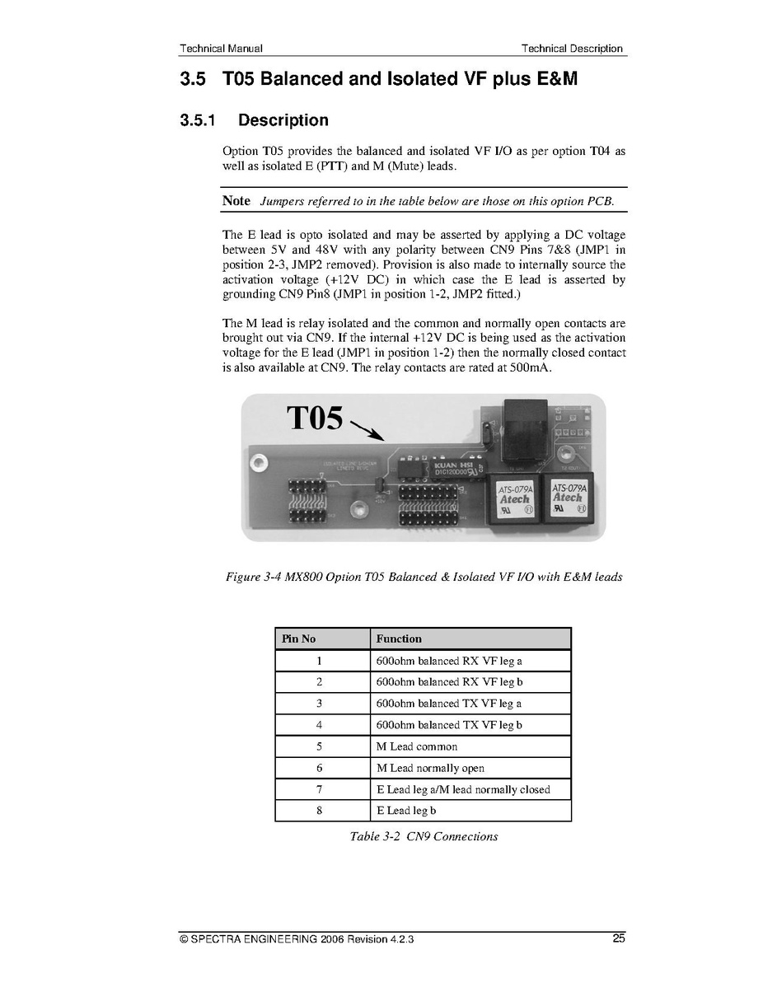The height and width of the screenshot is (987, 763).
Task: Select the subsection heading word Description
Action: tap(283, 120)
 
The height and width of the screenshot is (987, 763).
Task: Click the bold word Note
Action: tap(236, 201)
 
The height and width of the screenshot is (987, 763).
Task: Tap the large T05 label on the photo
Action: tap(315, 418)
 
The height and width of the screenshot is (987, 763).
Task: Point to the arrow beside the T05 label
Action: tap(367, 431)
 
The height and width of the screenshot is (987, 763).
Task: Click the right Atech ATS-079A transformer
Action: tap(568, 498)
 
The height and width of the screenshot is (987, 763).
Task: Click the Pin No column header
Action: tap(299, 639)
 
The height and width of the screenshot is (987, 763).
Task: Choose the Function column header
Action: tap(399, 639)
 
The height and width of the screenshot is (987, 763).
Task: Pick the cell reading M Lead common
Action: tap(417, 746)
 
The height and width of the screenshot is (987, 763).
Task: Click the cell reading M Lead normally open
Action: tap(430, 768)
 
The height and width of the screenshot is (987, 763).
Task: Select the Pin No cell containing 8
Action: tap(319, 811)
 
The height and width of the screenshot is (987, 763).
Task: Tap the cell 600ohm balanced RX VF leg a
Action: tap(449, 661)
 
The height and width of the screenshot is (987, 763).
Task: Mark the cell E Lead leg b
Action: tap(406, 811)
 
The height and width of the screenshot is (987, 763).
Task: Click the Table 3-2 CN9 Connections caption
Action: tap(424, 836)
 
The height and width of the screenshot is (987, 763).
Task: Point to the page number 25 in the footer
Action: tap(619, 938)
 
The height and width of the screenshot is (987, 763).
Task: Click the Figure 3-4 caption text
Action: tap(424, 577)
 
